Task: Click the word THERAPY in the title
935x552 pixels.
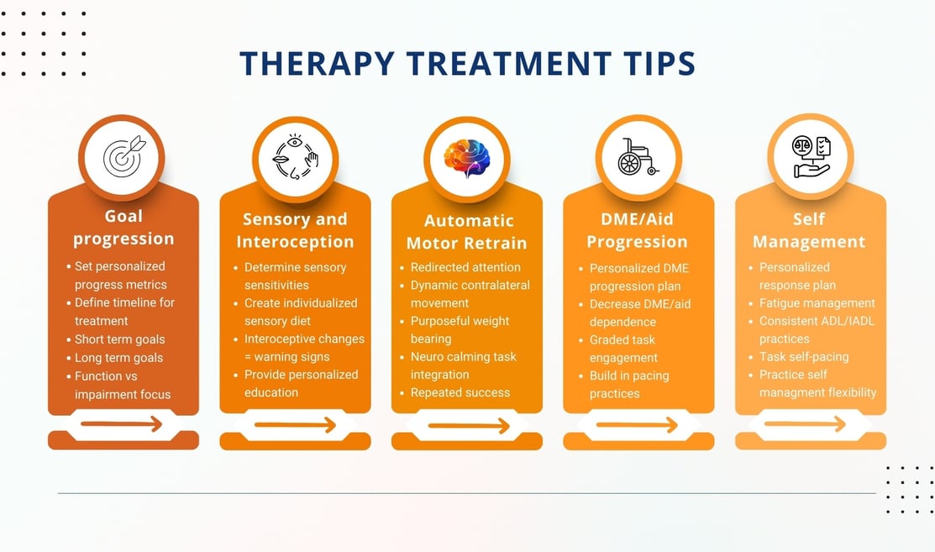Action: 318,63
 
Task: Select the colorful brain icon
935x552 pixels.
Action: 467,159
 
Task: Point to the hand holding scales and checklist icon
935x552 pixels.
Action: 811,157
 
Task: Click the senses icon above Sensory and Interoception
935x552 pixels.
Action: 295,157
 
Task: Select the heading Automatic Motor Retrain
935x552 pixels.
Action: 467,232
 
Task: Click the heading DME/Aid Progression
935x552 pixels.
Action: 637,230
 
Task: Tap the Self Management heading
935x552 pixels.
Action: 809,230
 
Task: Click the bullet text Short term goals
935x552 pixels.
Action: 120,339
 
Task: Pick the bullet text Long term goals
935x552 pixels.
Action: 118,358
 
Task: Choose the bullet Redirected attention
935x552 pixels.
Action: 465,267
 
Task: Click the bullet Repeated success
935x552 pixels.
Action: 460,392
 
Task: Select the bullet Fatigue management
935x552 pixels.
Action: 817,302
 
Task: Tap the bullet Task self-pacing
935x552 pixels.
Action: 804,356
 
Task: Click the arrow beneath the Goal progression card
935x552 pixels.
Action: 122,423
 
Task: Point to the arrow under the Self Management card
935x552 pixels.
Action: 805,423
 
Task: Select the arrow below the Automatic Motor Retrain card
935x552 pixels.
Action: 469,426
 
